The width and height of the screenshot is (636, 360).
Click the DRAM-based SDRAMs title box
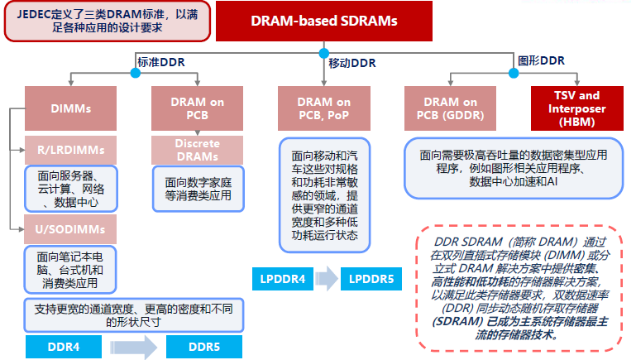(x=323, y=21)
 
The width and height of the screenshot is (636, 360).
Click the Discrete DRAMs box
(x=198, y=150)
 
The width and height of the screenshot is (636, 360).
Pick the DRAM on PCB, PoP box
(x=324, y=108)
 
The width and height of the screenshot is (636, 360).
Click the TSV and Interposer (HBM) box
(x=577, y=108)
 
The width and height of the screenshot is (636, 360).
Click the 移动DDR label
(x=353, y=62)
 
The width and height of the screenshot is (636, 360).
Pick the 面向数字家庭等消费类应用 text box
(x=198, y=189)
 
